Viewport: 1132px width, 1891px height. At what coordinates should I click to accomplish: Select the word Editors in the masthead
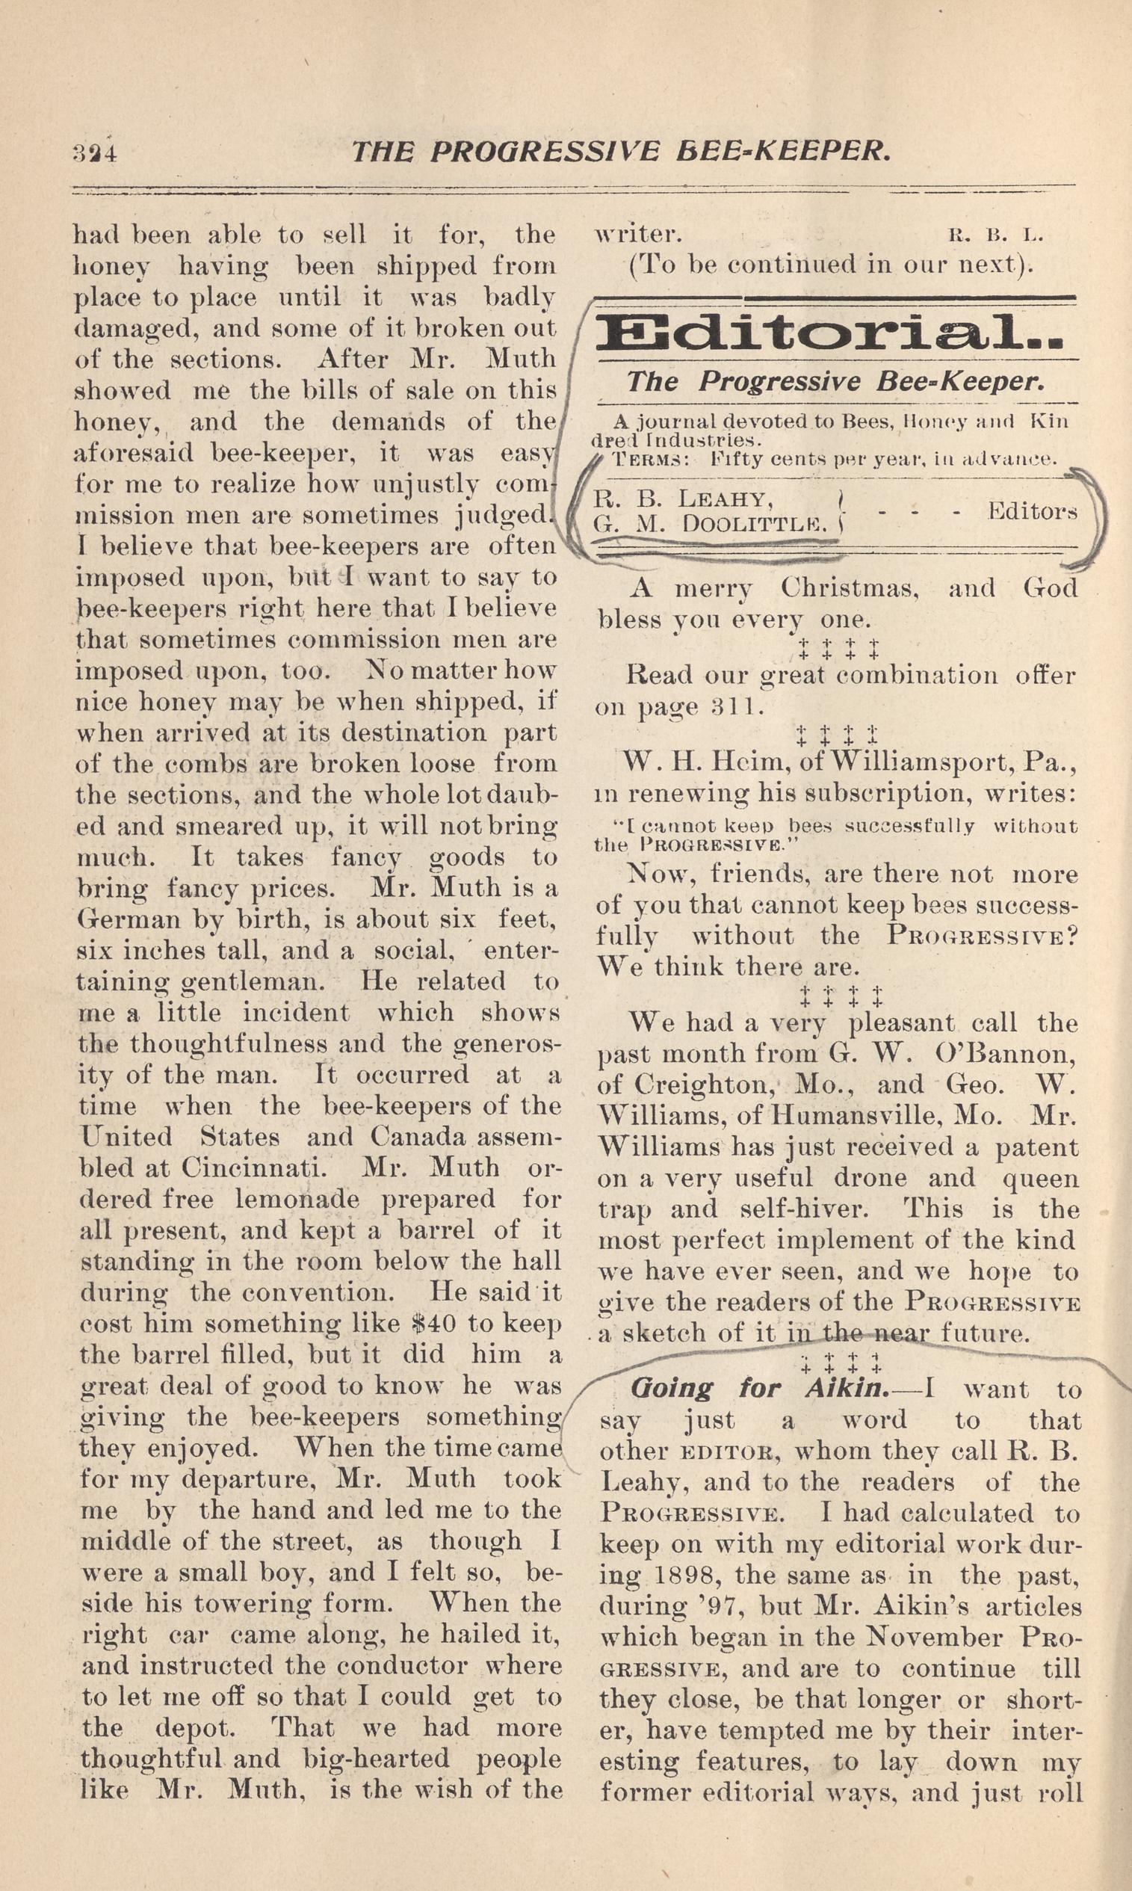(x=1032, y=510)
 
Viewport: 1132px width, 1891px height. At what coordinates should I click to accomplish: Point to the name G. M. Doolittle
(x=710, y=524)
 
